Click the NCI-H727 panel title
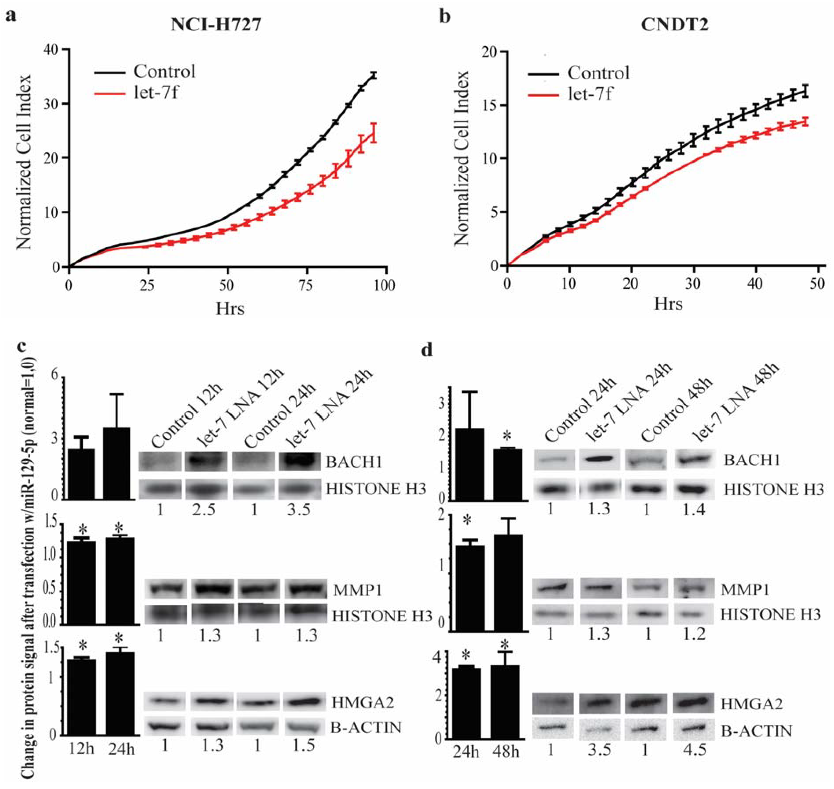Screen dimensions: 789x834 tap(216, 25)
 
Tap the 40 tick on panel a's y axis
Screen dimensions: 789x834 tap(50, 50)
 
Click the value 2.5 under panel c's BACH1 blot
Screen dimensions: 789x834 tap(204, 510)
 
